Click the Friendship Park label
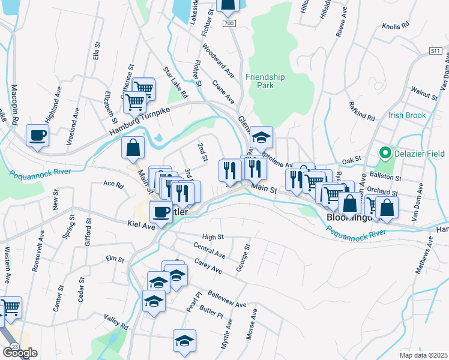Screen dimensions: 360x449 pyautogui.click(x=265, y=81)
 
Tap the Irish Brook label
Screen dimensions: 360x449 pyautogui.click(x=406, y=115)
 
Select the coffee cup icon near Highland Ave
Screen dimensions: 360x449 pyautogui.click(x=38, y=136)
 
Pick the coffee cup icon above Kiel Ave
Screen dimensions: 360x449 pyautogui.click(x=160, y=211)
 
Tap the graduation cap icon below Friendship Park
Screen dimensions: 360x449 pyautogui.click(x=261, y=137)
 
